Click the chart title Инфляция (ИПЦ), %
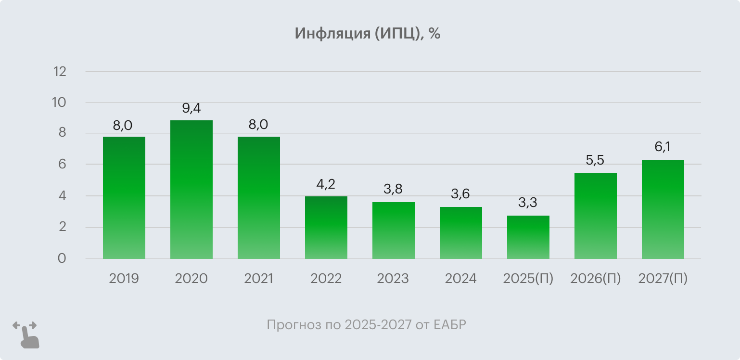click(368, 34)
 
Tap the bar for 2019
click(124, 197)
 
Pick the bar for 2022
click(326, 227)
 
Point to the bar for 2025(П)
click(528, 237)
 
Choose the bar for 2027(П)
click(663, 209)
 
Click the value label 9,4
click(191, 108)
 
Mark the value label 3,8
click(394, 189)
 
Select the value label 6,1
click(663, 146)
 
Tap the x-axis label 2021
click(259, 279)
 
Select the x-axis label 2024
click(461, 279)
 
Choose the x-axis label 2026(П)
click(596, 279)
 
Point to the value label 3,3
click(528, 203)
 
